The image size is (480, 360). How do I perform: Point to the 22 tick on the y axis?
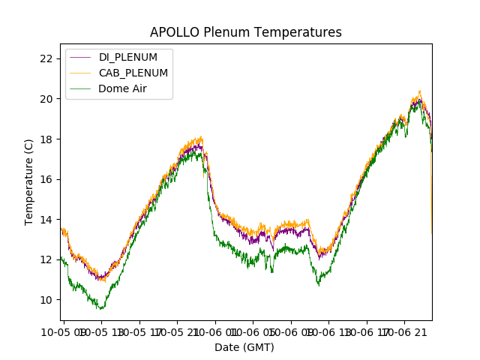point(46,58)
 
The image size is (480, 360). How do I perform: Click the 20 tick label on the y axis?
point(46,99)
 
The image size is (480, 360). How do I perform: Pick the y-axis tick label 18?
point(46,139)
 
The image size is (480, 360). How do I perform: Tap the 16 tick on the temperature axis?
point(46,179)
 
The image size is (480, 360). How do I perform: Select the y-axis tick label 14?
point(46,220)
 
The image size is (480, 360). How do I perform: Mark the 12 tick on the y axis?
point(46,259)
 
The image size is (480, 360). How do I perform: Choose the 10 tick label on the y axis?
point(46,300)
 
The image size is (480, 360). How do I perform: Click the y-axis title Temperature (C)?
point(29,181)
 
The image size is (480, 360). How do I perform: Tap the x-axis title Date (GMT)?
point(244,347)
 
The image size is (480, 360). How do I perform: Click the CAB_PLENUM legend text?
point(133,73)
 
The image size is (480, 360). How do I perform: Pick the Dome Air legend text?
point(123,88)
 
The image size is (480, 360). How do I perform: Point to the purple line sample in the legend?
point(80,58)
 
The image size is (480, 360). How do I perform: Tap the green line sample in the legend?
point(80,88)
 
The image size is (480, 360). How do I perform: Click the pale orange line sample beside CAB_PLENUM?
point(80,73)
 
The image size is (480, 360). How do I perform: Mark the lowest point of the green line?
point(101,309)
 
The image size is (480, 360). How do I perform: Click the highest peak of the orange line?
point(419,91)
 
